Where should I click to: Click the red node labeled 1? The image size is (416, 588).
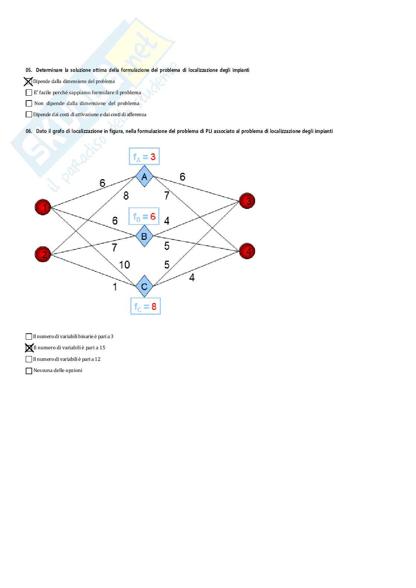(43, 207)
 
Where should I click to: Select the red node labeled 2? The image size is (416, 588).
(43, 254)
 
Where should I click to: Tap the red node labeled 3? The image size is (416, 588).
(247, 201)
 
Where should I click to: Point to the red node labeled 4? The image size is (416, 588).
(247, 251)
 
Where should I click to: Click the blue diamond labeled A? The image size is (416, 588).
(144, 177)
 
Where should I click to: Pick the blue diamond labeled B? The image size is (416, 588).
(144, 236)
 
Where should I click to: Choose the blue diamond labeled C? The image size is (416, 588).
(144, 286)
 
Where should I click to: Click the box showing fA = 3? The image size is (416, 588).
(144, 156)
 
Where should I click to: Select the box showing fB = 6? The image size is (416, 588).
(144, 216)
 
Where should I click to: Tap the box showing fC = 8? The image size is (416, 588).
(145, 306)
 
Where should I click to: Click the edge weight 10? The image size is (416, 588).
(124, 265)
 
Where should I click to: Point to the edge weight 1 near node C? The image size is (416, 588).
(115, 287)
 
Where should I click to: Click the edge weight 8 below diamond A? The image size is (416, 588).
(126, 195)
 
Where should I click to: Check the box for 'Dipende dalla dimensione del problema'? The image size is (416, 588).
(28, 81)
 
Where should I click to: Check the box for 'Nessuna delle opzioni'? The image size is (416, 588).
(29, 371)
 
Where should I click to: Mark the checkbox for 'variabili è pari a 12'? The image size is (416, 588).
(29, 359)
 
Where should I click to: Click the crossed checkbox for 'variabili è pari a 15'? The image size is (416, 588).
(29, 348)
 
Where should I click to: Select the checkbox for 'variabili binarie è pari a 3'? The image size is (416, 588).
(29, 337)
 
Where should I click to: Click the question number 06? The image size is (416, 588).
(29, 131)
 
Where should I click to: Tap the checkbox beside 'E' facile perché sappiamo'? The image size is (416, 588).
(29, 93)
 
